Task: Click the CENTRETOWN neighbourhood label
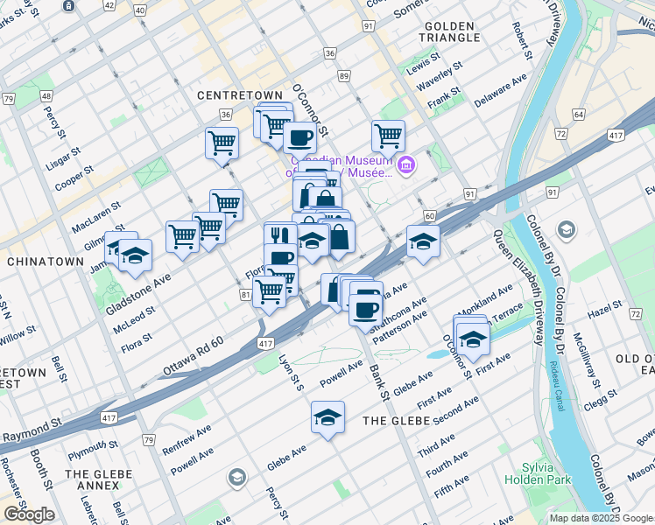240,94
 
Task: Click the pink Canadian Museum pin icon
405,164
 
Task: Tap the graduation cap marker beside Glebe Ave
327,417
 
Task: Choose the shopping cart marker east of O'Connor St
388,136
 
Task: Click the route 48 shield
45,95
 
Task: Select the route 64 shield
578,115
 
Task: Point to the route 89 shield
344,77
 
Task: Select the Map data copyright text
601,518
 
